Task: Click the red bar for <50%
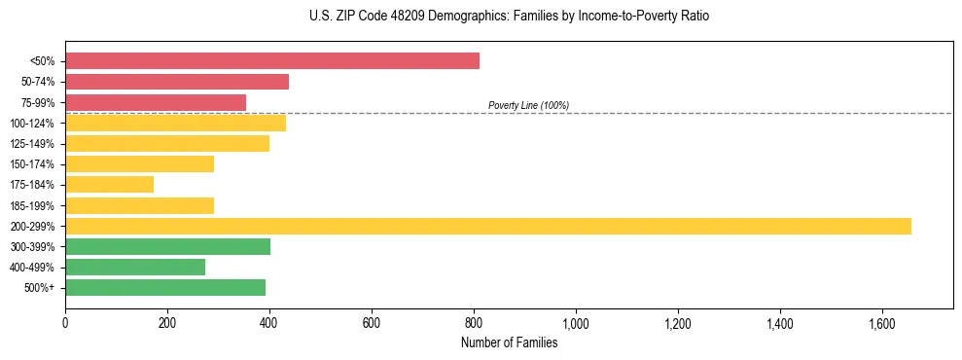pos(272,61)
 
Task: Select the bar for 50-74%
pos(177,82)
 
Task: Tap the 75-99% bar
pos(156,102)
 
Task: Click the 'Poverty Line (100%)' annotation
pos(528,105)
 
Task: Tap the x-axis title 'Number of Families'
pos(509,342)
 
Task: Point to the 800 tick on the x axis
pos(474,323)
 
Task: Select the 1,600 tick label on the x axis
pos(881,323)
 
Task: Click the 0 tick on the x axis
pos(65,323)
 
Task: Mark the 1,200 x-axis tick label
pos(677,323)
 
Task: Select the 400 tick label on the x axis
pos(269,323)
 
